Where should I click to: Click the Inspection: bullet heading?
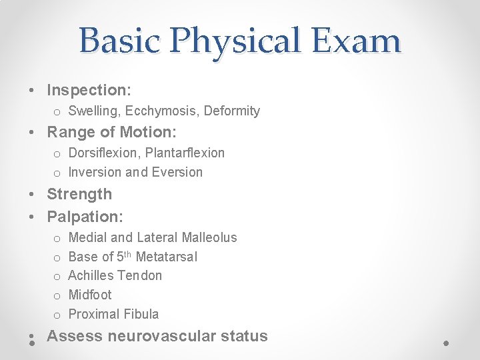pos(89,90)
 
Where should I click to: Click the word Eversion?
pos(177,172)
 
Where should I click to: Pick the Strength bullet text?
pos(79,194)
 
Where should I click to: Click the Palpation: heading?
pos(85,217)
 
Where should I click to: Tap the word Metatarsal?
pos(166,257)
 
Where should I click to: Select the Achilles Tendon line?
pos(115,275)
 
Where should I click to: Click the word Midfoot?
pos(90,295)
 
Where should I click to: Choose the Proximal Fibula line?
pos(113,314)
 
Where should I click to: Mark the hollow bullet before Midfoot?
pos(57,295)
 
